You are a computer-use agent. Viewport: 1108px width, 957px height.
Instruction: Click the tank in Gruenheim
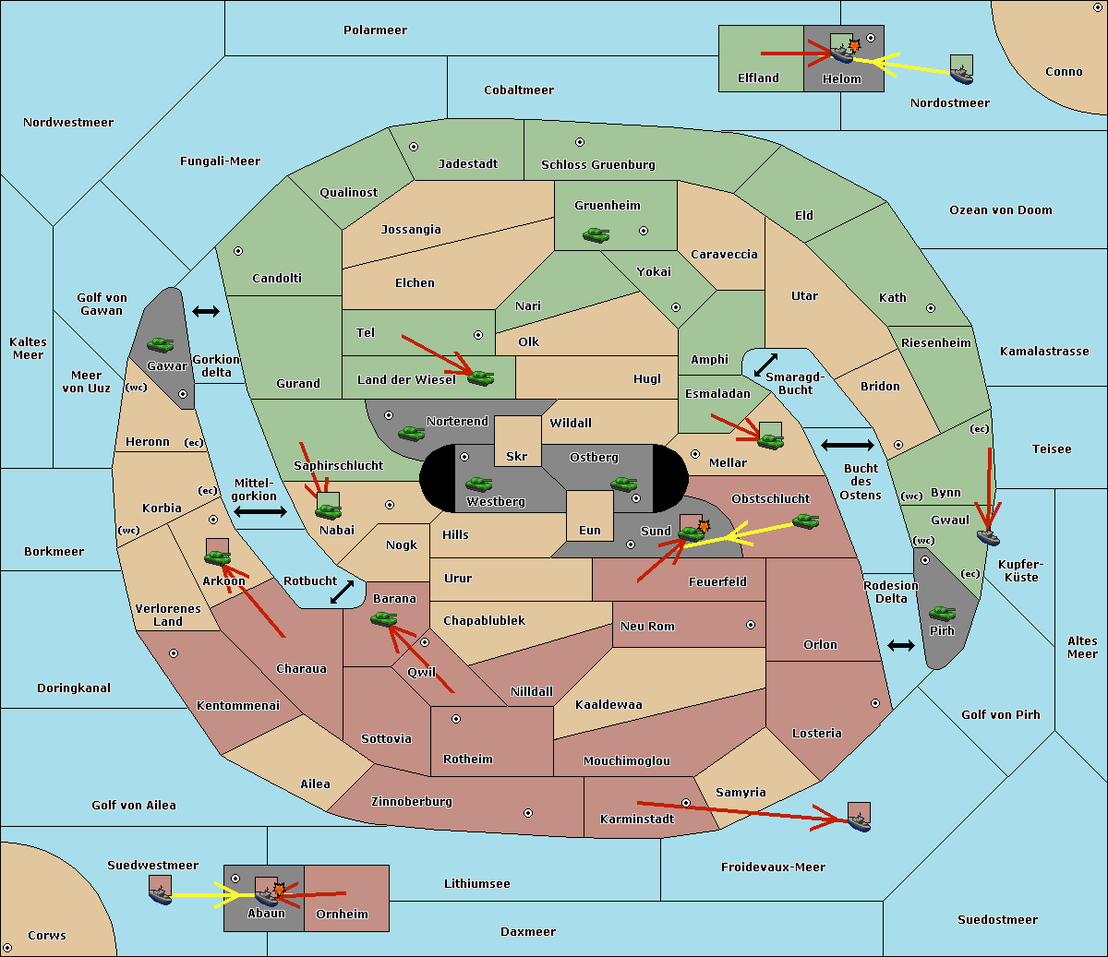[596, 234]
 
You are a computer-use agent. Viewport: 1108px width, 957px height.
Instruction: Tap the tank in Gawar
[161, 344]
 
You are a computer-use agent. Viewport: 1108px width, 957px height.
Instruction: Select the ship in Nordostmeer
[962, 76]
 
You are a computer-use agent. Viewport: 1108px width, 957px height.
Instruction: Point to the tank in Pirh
[942, 613]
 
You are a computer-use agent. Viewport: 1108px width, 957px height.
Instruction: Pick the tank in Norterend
[411, 433]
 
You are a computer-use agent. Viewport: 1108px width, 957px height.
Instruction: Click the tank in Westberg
[478, 484]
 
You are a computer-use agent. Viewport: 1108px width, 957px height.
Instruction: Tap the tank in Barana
[384, 619]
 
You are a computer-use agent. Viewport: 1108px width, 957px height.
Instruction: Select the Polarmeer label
[375, 30]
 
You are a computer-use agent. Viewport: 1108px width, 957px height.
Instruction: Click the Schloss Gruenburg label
[598, 164]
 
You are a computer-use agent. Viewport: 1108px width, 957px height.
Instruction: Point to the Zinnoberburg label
[412, 802]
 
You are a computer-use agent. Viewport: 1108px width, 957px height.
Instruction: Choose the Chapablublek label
[484, 620]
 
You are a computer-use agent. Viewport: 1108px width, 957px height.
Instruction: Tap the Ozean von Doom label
[1001, 210]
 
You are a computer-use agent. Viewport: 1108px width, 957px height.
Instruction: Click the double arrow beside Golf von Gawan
[206, 311]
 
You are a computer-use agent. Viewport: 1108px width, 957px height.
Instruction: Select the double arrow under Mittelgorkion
[260, 511]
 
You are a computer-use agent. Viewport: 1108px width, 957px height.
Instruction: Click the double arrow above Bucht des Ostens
[848, 445]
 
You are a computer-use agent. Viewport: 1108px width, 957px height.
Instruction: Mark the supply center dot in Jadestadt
[414, 147]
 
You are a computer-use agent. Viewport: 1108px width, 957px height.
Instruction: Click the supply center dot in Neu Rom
[751, 625]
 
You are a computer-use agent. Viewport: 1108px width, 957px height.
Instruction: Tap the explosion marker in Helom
[854, 45]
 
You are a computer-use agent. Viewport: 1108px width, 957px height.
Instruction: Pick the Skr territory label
[517, 456]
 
